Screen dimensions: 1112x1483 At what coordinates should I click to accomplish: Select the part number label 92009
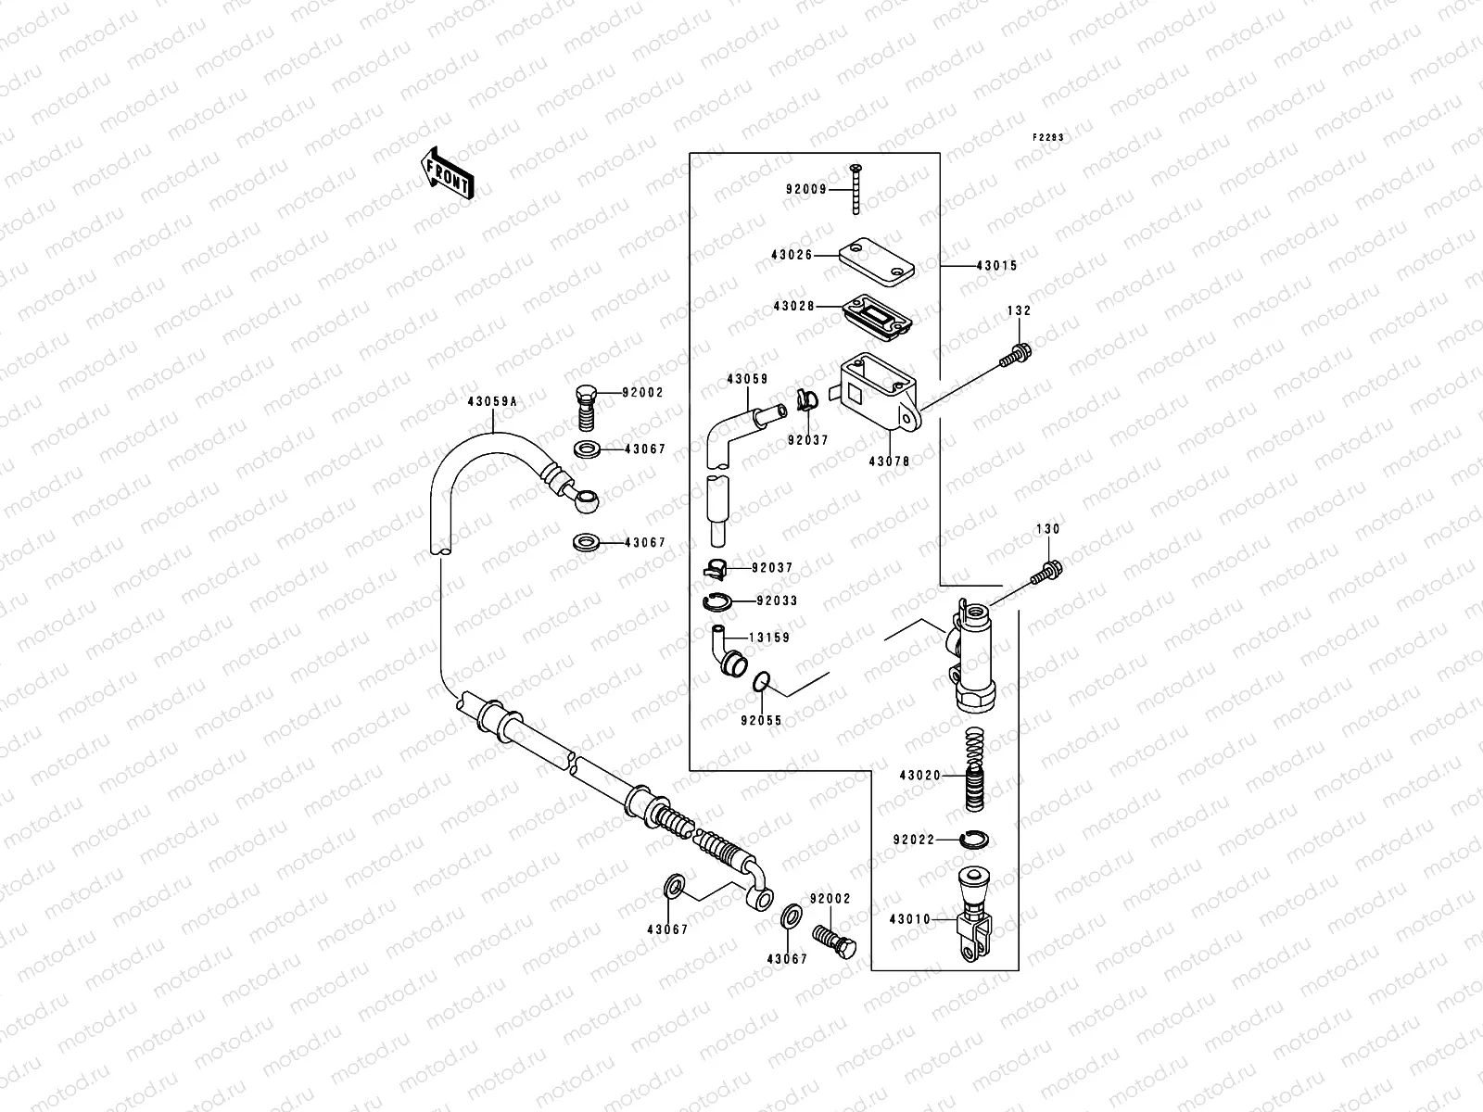(805, 190)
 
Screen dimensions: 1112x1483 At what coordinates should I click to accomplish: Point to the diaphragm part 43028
(876, 312)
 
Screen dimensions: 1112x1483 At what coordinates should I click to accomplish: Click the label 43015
(996, 265)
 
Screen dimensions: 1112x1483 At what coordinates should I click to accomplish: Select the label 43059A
(492, 401)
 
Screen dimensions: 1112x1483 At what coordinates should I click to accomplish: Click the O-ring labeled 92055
(762, 683)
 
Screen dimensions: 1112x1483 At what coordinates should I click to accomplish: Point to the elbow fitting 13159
(726, 652)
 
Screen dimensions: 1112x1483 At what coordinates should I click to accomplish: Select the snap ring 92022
(975, 839)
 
